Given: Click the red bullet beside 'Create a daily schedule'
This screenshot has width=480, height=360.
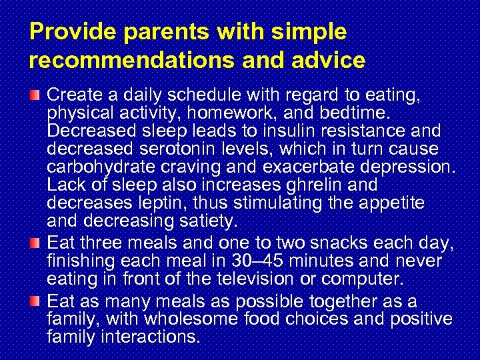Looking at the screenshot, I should pos(38,96).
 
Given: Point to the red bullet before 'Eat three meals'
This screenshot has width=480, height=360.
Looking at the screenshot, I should pos(38,240).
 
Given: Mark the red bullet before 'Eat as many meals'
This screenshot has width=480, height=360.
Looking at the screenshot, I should pos(38,302).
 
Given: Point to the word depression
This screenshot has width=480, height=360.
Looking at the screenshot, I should pos(404,165).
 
